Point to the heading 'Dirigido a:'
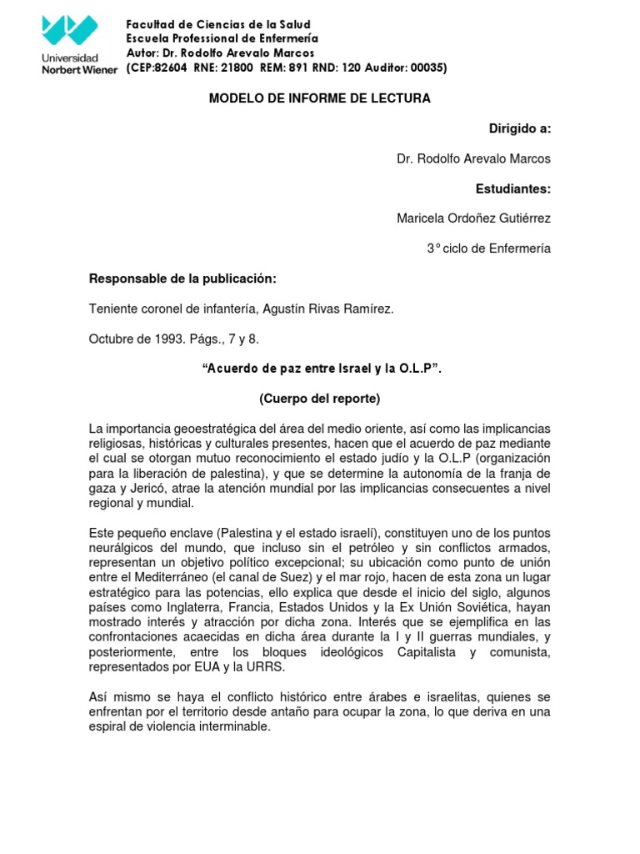pyautogui.click(x=519, y=128)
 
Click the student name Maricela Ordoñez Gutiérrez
pyautogui.click(x=473, y=219)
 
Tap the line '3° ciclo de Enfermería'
pyautogui.click(x=488, y=249)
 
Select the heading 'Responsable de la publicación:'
pyautogui.click(x=182, y=279)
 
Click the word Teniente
pyautogui.click(x=112, y=309)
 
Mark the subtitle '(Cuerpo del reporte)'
pyautogui.click(x=320, y=399)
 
